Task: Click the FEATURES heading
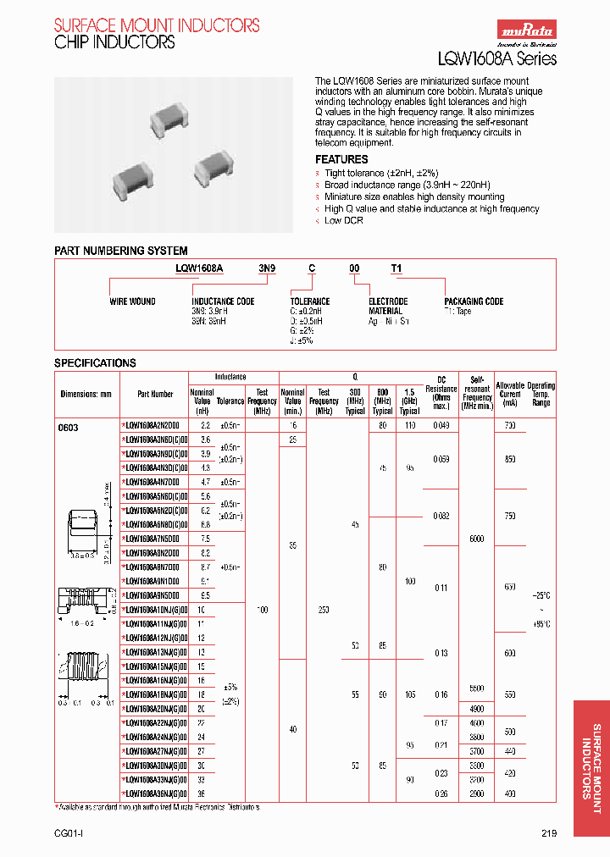point(341,159)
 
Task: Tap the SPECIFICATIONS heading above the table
point(95,362)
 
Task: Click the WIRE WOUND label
point(132,301)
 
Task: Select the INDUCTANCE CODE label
point(223,301)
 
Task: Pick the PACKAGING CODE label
point(474,301)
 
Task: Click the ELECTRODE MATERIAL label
point(388,306)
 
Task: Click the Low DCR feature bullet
point(345,220)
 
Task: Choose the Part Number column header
point(155,394)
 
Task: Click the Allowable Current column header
point(510,394)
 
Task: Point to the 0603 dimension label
point(68,428)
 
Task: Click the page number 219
point(549,833)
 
